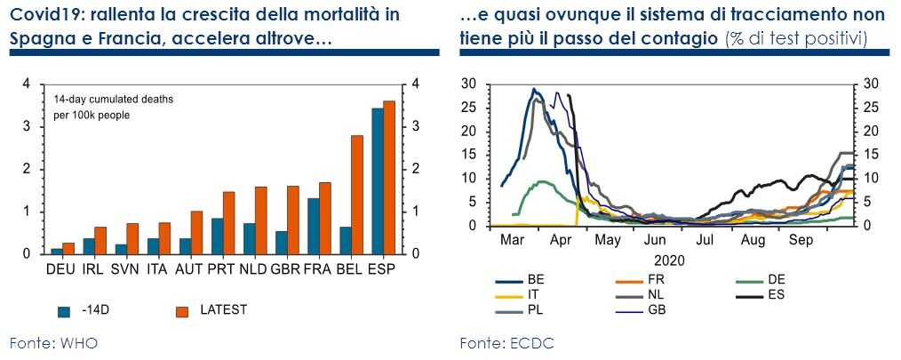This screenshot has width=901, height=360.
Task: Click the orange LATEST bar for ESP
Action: click(388, 178)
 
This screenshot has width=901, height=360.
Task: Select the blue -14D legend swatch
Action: click(64, 311)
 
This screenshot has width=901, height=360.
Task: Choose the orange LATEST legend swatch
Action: click(182, 311)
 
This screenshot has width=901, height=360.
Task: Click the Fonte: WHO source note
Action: click(53, 342)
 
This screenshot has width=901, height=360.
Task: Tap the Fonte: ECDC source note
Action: click(507, 342)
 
